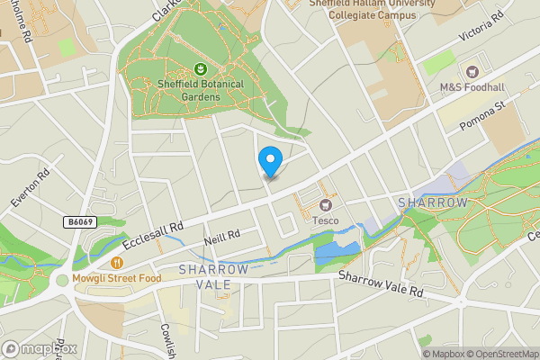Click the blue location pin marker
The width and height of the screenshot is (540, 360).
point(270,160)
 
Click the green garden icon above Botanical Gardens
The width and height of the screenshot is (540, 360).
point(199,68)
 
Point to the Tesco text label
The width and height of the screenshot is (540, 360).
point(325,220)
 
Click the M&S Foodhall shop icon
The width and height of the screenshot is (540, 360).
point(469,71)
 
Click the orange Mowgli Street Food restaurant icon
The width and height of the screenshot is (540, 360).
point(117,263)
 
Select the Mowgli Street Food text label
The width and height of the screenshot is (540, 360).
point(117,278)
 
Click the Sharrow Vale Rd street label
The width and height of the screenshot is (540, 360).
point(381,284)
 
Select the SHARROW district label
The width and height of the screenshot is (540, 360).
point(434,202)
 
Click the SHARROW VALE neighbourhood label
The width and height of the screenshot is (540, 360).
point(212,277)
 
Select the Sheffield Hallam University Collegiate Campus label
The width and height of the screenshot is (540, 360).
point(371,9)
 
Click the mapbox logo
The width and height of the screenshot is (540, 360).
point(40,348)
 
